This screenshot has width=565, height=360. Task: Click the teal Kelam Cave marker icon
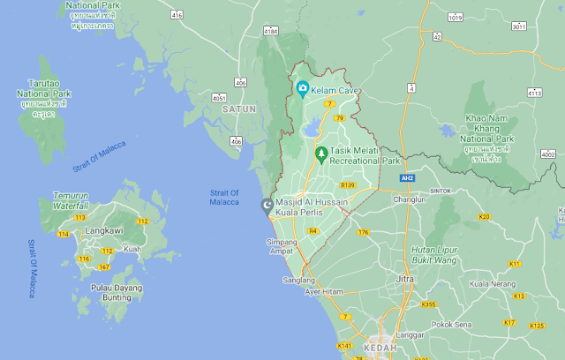click(x=302, y=87)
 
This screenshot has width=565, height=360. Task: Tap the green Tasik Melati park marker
click(x=322, y=154)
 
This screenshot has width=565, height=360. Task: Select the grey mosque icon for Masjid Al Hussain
click(x=267, y=206)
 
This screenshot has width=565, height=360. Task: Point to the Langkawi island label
click(x=103, y=231)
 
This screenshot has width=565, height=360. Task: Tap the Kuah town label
click(x=132, y=250)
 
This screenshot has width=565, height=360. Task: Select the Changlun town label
click(x=410, y=199)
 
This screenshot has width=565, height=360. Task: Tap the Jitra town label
click(x=405, y=279)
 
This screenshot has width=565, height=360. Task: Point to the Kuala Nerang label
click(x=492, y=284)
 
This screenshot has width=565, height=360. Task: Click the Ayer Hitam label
click(x=326, y=290)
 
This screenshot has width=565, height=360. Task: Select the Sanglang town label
click(x=298, y=280)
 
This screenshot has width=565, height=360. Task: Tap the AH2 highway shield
click(x=406, y=177)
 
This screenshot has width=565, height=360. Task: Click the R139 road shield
click(x=347, y=185)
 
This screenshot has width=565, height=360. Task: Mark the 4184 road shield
click(x=271, y=31)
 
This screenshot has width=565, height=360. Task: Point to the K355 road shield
click(x=428, y=305)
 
